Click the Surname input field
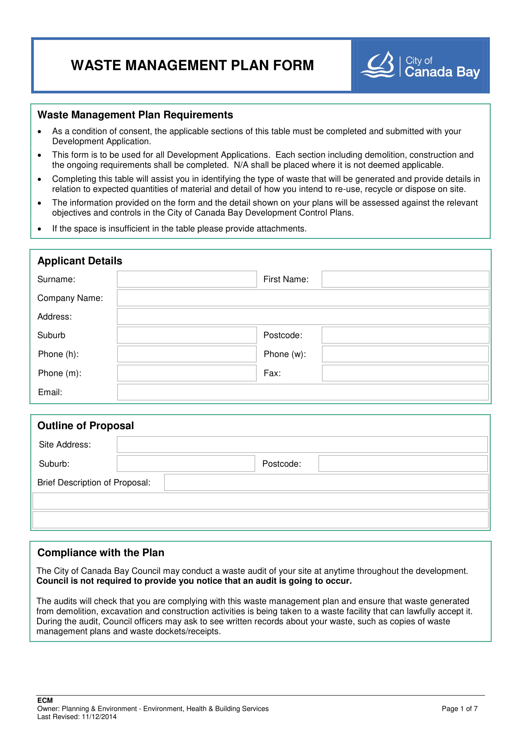187,279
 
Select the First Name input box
405,279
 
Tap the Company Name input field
303,298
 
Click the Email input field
303,392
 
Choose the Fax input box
405,373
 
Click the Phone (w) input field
405,354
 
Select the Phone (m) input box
187,373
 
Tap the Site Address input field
302,444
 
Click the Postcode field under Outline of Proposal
403,464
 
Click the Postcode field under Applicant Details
405,335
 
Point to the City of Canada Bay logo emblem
378,65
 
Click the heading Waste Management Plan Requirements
135,115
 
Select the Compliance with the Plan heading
101,552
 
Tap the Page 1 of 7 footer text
459,708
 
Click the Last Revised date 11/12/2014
99,717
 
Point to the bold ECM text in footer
45,700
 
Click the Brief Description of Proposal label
94,482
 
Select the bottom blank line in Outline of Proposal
260,520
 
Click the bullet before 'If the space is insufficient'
39,229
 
